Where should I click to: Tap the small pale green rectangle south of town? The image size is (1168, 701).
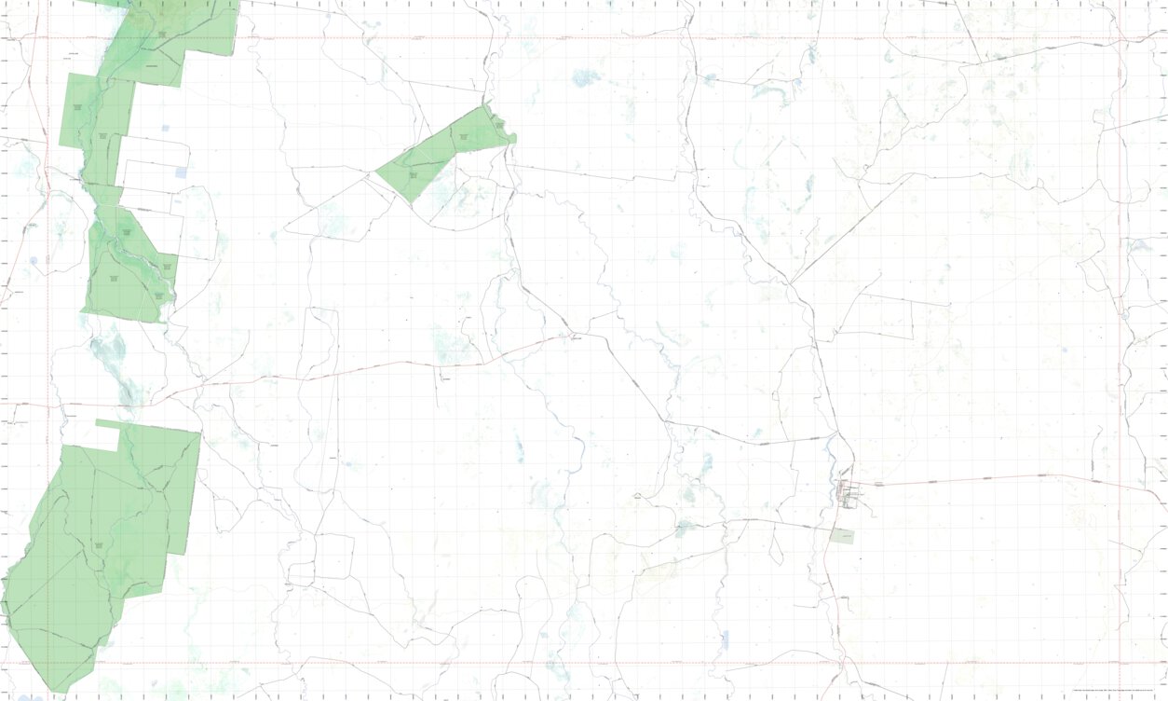tap(842, 536)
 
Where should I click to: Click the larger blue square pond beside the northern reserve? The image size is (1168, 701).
tap(181, 172)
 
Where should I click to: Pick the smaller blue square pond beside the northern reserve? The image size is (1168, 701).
tap(165, 128)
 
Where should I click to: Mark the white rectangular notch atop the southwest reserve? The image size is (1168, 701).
tap(107, 436)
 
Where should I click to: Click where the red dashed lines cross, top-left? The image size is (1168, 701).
tap(48, 38)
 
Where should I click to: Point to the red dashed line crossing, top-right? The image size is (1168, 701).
tap(1120, 38)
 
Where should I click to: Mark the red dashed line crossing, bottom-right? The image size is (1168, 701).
tap(1120, 664)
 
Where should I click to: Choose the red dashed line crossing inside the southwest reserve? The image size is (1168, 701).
tap(48, 664)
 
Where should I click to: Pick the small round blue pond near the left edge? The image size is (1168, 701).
tap(34, 262)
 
